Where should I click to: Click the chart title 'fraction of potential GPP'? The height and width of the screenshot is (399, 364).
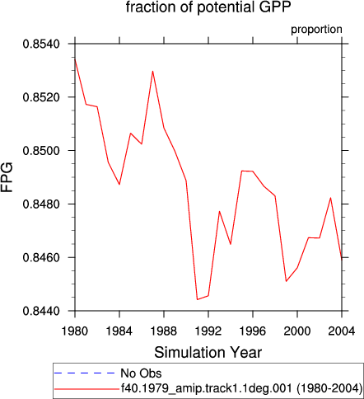(x=208, y=7)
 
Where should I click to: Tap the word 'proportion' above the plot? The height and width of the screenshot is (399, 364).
(x=316, y=30)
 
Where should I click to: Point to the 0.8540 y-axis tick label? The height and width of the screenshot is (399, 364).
(x=41, y=44)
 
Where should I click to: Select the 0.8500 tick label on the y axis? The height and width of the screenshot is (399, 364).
(x=41, y=151)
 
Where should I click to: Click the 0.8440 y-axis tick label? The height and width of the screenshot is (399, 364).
(x=41, y=312)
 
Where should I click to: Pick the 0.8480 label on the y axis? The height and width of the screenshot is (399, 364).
(x=41, y=204)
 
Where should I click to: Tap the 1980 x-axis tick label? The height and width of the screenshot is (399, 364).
(x=75, y=331)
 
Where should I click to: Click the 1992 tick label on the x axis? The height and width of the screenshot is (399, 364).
(x=208, y=331)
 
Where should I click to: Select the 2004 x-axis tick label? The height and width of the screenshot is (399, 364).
(x=342, y=331)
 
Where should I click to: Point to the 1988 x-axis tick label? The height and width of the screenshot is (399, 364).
(x=164, y=331)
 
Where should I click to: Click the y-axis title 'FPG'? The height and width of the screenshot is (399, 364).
(x=7, y=177)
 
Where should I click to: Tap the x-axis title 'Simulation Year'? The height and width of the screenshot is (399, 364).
(x=208, y=353)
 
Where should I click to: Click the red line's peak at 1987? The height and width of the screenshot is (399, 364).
(x=152, y=71)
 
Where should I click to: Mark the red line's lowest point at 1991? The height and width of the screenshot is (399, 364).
(x=197, y=299)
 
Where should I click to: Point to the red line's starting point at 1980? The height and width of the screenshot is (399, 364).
(x=75, y=59)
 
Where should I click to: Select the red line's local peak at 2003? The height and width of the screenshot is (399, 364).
(x=330, y=198)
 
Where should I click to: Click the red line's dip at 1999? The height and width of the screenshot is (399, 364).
(x=286, y=281)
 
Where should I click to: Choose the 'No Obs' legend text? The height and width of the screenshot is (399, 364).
(x=141, y=373)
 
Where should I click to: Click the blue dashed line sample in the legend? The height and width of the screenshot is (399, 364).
(x=85, y=373)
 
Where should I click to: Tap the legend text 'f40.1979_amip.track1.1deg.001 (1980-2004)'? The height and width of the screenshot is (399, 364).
(x=242, y=388)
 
